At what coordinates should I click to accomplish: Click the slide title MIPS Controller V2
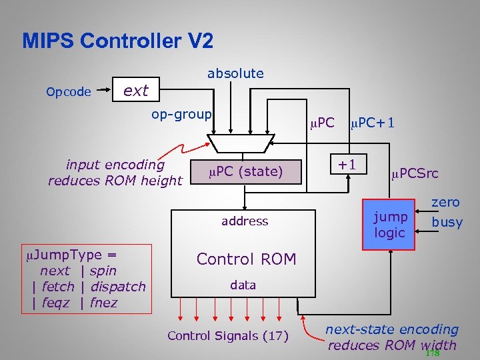(x=117, y=41)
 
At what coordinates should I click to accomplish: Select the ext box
(x=136, y=91)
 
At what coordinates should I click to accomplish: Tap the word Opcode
(x=69, y=92)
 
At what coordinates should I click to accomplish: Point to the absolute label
(x=235, y=73)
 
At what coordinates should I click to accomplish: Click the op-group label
(x=181, y=114)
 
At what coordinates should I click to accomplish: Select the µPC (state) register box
(x=245, y=172)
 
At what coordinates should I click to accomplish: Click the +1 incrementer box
(x=347, y=164)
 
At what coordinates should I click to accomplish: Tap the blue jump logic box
(x=389, y=225)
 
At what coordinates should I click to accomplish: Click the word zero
(x=445, y=202)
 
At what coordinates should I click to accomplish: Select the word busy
(x=447, y=222)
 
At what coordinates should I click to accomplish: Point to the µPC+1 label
(x=372, y=123)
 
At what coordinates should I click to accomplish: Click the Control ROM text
(x=246, y=259)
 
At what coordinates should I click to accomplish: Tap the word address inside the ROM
(x=245, y=221)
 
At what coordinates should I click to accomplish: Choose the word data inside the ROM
(x=243, y=285)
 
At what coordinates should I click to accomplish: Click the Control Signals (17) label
(x=227, y=335)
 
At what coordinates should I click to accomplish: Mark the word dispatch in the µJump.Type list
(x=117, y=287)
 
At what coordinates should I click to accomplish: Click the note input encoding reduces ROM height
(x=115, y=172)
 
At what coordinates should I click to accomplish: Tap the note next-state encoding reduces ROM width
(x=392, y=337)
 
